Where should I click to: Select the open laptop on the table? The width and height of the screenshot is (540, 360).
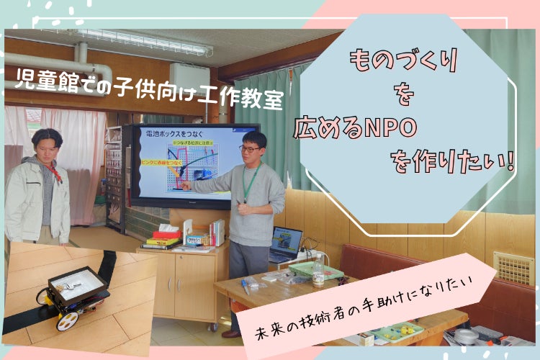click(287, 244)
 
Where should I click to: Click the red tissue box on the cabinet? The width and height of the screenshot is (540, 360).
click(166, 233)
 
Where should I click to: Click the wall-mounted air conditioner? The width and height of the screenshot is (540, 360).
click(189, 81)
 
